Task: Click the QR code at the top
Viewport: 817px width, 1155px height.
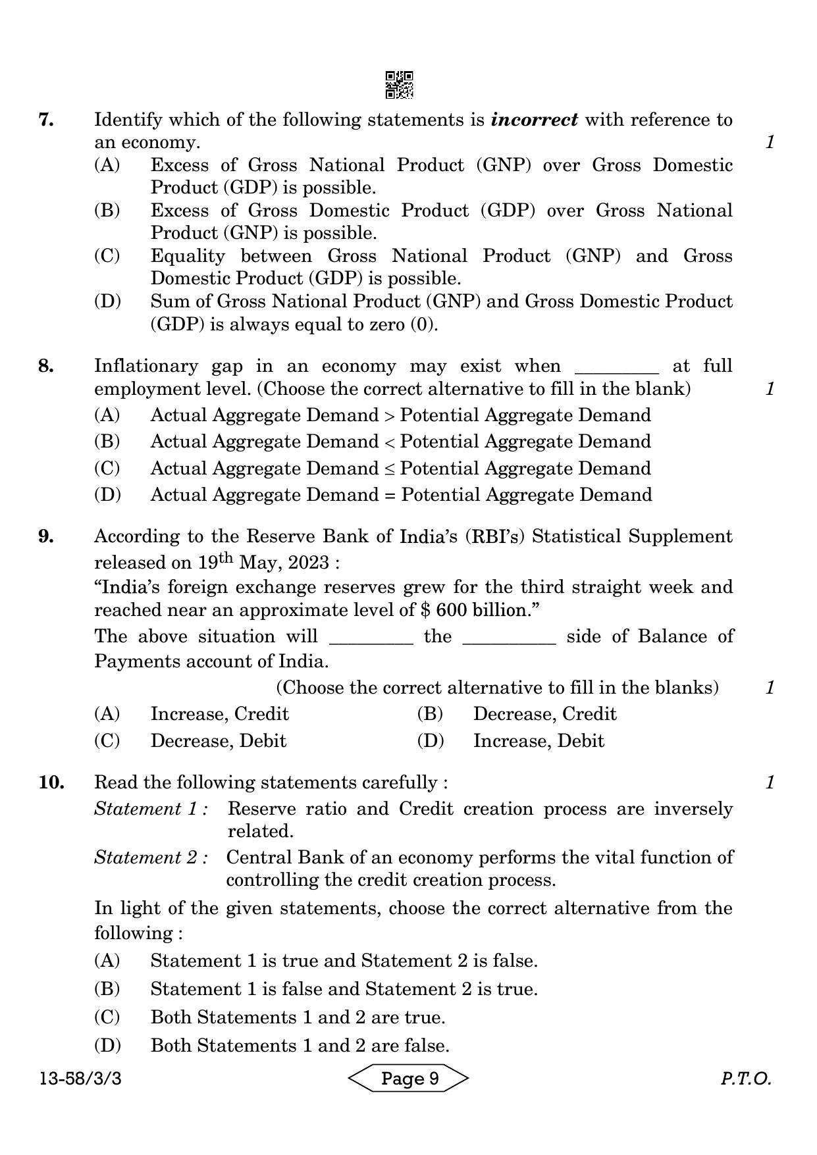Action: tap(399, 85)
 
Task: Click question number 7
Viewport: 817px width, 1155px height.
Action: tap(46, 120)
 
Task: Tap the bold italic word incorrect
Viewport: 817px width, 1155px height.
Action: tap(535, 120)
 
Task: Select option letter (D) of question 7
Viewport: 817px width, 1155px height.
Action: tap(107, 301)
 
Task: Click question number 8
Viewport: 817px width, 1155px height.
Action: tap(46, 366)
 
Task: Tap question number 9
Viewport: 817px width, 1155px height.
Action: tap(46, 536)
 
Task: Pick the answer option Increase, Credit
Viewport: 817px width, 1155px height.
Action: tap(219, 714)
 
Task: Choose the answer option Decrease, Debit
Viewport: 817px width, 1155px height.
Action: tap(218, 741)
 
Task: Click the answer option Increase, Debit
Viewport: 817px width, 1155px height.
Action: tap(538, 741)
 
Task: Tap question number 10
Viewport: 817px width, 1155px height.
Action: tap(51, 783)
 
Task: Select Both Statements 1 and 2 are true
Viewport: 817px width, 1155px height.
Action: tap(298, 1017)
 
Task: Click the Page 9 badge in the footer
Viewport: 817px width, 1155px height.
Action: tap(408, 1079)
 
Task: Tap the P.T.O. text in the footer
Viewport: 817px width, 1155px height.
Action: tap(745, 1079)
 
